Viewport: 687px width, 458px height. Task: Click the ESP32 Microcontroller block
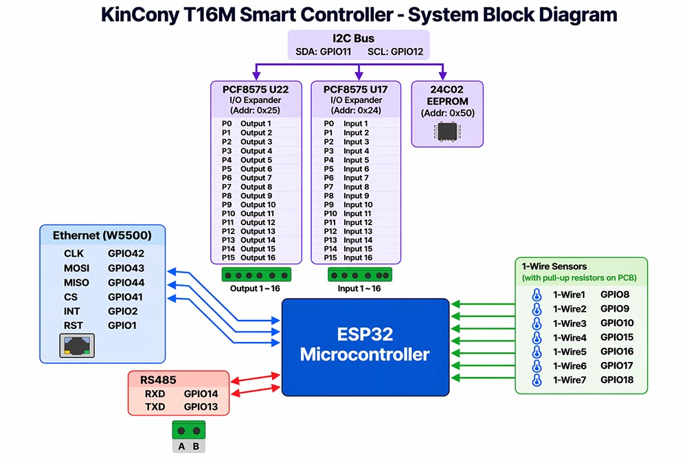pyautogui.click(x=365, y=347)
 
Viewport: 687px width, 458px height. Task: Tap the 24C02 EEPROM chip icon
pyautogui.click(x=447, y=132)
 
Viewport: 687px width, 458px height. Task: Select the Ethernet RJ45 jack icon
pyautogui.click(x=77, y=345)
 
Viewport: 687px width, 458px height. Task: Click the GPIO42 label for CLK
pyautogui.click(x=126, y=253)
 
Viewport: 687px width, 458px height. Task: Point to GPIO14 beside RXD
pyautogui.click(x=201, y=393)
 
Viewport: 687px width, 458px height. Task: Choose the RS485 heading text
pyautogui.click(x=158, y=380)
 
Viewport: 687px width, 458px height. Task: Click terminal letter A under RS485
pyautogui.click(x=181, y=446)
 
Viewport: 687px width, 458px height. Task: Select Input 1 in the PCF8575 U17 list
pyautogui.click(x=356, y=124)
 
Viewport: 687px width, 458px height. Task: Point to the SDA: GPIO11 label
pyautogui.click(x=324, y=51)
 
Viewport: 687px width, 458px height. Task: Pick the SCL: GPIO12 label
pyautogui.click(x=395, y=51)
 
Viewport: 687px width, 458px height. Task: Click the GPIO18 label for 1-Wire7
pyautogui.click(x=617, y=380)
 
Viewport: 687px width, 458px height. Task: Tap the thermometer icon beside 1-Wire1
pyautogui.click(x=537, y=295)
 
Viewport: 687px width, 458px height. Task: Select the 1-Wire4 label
pyautogui.click(x=570, y=338)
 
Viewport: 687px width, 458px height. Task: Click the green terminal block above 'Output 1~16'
pyautogui.click(x=256, y=275)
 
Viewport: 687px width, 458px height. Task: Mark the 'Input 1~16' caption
pyautogui.click(x=359, y=288)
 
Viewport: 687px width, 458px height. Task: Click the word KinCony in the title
pyautogui.click(x=140, y=14)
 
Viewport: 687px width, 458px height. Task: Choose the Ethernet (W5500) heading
pyautogui.click(x=102, y=236)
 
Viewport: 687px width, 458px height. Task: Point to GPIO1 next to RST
pyautogui.click(x=122, y=325)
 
